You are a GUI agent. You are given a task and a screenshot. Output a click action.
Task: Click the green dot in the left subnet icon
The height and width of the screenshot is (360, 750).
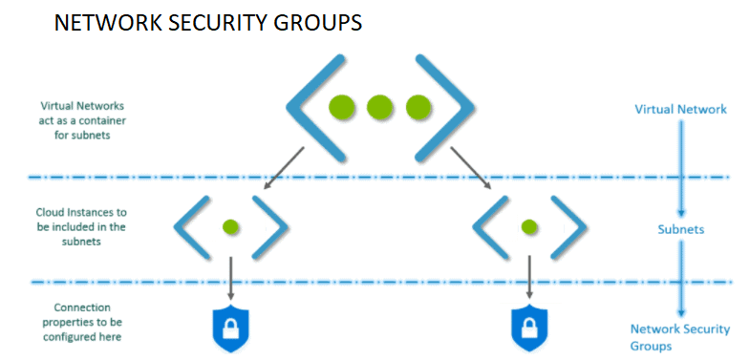point(230,227)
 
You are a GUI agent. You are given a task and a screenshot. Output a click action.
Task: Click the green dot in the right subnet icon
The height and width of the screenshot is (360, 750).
point(528,227)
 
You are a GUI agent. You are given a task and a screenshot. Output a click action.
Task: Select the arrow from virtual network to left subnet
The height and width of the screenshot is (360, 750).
point(282,169)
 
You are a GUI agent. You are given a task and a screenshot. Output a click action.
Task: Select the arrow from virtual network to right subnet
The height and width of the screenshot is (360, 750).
point(472,169)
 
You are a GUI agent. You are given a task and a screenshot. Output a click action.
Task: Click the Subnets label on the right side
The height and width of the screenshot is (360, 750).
point(681,229)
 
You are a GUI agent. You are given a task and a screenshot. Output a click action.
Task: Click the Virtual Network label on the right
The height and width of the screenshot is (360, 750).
point(680,109)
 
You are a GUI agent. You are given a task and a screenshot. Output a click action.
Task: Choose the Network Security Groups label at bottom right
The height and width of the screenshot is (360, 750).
point(680,337)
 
